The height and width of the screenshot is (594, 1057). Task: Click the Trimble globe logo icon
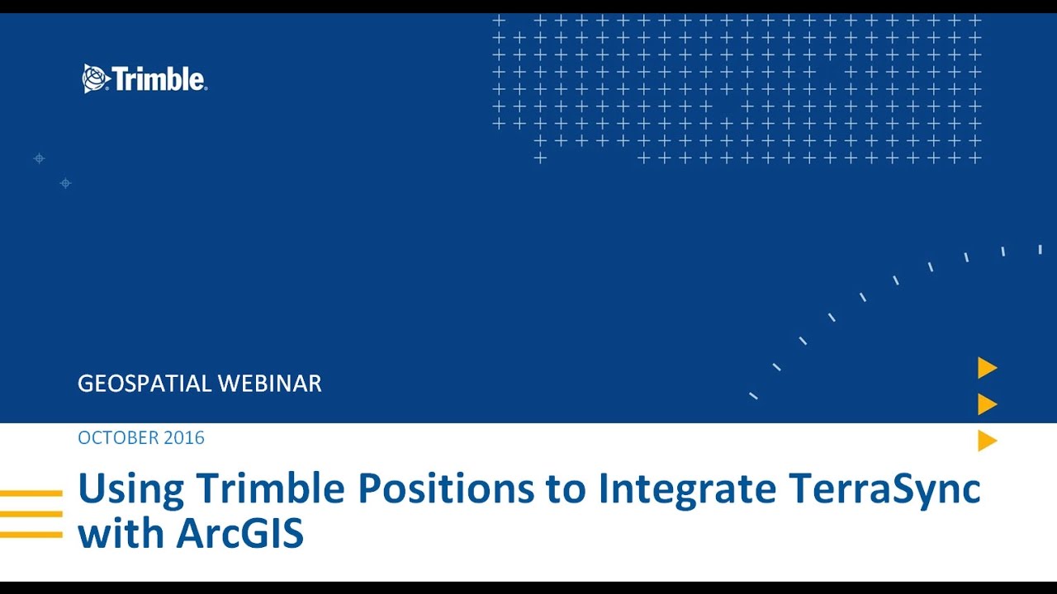(x=95, y=78)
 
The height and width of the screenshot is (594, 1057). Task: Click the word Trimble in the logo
(x=158, y=79)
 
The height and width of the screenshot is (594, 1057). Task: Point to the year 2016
(x=183, y=438)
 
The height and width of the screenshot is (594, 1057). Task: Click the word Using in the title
(x=131, y=489)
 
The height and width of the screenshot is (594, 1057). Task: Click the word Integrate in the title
(x=687, y=489)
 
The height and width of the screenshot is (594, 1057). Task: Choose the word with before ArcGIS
(x=121, y=534)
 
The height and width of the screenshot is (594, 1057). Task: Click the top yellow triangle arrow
(x=987, y=368)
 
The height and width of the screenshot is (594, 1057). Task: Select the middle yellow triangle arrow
(x=987, y=404)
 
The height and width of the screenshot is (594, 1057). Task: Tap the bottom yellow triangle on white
(x=987, y=441)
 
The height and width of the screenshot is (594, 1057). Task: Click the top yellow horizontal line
(x=31, y=493)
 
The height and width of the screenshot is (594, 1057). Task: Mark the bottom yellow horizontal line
(x=31, y=535)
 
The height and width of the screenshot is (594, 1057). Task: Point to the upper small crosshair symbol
(x=39, y=158)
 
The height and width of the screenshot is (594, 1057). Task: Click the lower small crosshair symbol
(x=66, y=183)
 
